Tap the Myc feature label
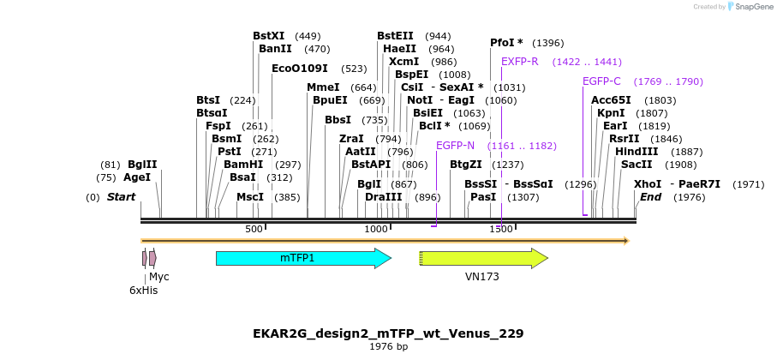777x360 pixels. point(159,277)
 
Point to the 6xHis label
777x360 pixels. point(143,291)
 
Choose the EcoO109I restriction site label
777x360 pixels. point(300,69)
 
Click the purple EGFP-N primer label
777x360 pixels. point(455,146)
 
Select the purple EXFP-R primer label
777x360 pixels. point(519,62)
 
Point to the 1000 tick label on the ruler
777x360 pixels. point(376,230)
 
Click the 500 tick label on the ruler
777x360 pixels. point(254,230)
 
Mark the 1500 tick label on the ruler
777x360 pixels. point(501,230)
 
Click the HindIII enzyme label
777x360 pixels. point(637,152)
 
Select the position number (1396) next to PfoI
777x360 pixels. point(548,43)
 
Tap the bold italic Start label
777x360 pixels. point(121,197)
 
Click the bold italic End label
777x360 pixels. point(650,197)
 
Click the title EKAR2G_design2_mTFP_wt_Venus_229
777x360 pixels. point(388,333)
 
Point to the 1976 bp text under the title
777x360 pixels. point(388,346)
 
